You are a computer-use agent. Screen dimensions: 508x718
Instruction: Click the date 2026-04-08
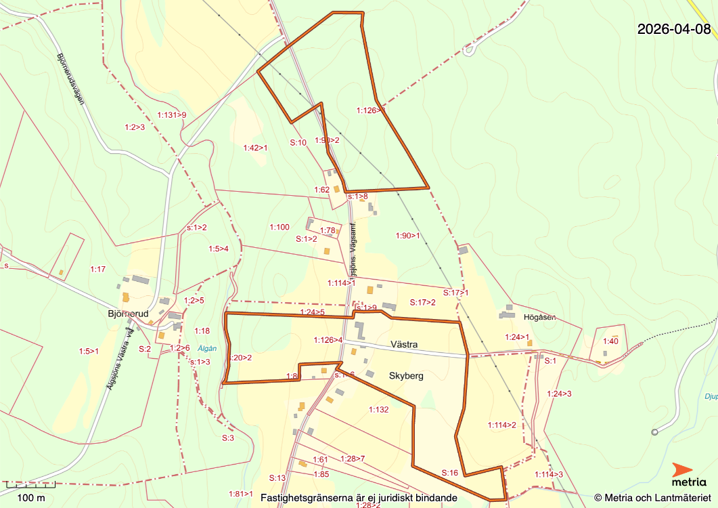[674, 29]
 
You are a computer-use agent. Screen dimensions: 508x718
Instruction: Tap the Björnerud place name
[127, 314]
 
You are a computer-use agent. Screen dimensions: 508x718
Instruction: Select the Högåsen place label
[539, 316]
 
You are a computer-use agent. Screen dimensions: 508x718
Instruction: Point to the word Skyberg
[406, 375]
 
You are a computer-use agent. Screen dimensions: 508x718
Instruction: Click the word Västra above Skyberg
[404, 345]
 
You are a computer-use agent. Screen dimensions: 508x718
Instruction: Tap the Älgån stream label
[207, 348]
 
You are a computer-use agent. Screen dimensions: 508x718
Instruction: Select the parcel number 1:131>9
[171, 115]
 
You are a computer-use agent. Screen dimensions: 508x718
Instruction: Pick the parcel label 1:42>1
[255, 148]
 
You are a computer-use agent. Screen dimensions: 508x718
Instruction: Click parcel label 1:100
[279, 227]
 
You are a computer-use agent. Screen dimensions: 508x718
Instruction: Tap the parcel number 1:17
[98, 269]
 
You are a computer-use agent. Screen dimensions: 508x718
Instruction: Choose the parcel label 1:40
[610, 341]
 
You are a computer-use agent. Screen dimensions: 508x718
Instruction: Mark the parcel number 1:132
[379, 409]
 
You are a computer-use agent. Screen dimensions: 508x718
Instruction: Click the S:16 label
[450, 473]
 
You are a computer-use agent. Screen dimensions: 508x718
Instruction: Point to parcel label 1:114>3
[549, 474]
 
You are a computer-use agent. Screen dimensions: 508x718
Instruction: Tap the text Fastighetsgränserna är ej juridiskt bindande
[359, 498]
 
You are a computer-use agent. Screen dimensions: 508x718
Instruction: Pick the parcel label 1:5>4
[219, 249]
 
